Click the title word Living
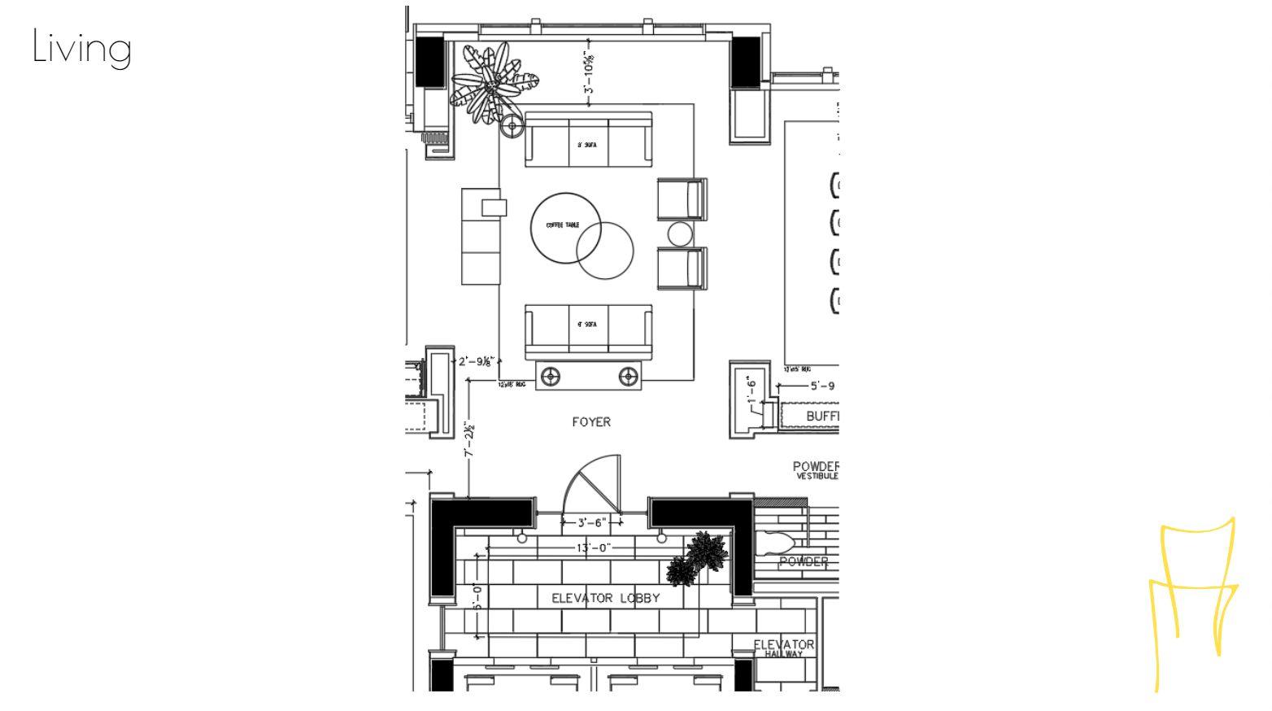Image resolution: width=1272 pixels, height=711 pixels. pos(81,47)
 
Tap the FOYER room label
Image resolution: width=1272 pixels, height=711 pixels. pos(590,421)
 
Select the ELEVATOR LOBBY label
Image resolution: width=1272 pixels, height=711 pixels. pos(605,598)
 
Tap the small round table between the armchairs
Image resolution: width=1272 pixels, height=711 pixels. pos(680,234)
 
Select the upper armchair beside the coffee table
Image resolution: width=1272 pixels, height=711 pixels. pos(682,199)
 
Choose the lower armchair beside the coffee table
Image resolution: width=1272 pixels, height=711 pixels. pos(682,268)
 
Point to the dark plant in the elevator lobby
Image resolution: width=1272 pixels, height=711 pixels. pos(698,558)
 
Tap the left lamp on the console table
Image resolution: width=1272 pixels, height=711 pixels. pos(551,377)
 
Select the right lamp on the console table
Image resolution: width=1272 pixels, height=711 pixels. pos(628,377)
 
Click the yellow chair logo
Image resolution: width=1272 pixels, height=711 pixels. pos(1193,602)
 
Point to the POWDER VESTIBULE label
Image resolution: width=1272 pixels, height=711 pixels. pos(815,470)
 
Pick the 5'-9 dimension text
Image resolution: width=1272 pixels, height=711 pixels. pos(821,386)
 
